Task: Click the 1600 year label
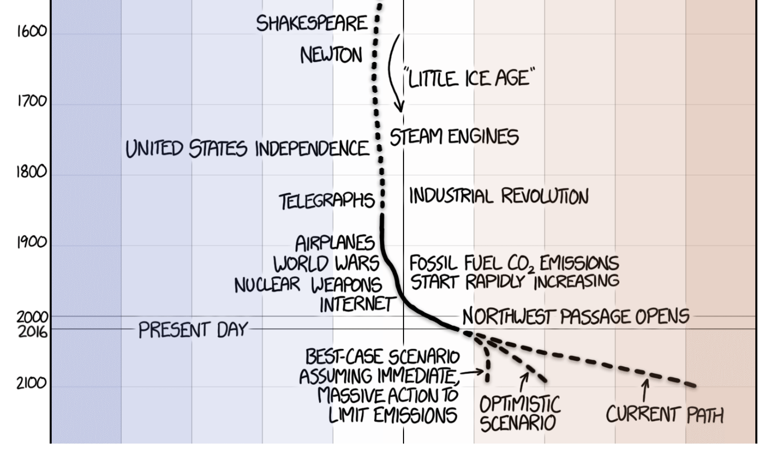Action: pos(31,31)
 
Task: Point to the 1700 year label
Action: pos(31,101)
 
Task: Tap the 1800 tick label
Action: pos(31,171)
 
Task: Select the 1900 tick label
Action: pos(31,242)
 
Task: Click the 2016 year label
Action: pos(33,332)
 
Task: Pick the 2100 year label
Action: pos(31,383)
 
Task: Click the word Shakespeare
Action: pos(312,23)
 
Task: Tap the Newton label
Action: pos(331,55)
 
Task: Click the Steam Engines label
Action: pos(454,137)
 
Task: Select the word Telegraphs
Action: pos(327,201)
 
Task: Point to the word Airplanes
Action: pos(335,243)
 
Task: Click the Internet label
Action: pos(357,304)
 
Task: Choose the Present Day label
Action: pos(193,330)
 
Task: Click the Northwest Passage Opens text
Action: pos(576,316)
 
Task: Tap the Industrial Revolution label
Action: pos(499,196)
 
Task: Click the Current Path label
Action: pos(665,414)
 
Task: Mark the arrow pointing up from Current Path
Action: pos(645,390)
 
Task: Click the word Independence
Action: pos(312,148)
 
